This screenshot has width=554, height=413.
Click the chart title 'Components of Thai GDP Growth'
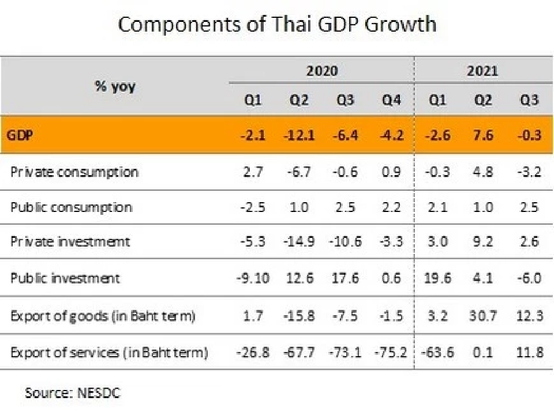[277, 24]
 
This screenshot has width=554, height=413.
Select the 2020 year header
[321, 71]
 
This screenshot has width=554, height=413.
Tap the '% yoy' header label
[115, 86]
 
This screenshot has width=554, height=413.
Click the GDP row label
[20, 136]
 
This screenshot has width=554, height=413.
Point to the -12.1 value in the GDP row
[298, 136]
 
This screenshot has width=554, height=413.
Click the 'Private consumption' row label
[74, 172]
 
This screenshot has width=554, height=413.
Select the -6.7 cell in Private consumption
[298, 172]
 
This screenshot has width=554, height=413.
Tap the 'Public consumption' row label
[72, 207]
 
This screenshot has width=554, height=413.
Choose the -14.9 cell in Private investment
[298, 241]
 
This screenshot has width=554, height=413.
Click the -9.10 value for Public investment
[252, 278]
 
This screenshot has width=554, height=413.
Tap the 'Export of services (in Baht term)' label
[109, 352]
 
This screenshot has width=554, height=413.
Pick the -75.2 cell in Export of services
[392, 352]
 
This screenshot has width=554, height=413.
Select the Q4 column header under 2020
[392, 100]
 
